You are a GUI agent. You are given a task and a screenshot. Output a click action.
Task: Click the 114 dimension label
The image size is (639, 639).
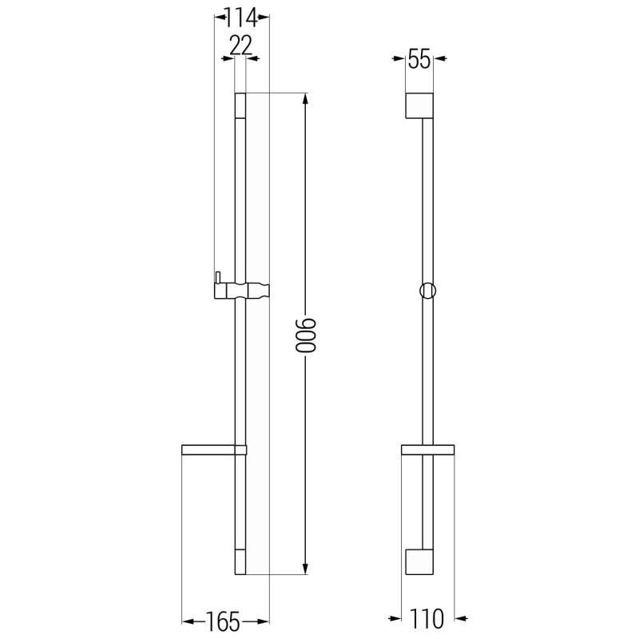(x=242, y=18)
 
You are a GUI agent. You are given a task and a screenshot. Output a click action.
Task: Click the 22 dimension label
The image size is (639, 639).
(x=241, y=46)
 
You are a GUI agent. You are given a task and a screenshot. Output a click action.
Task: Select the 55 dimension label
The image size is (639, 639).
(x=419, y=59)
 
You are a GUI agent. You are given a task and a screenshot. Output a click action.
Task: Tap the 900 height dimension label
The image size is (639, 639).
(x=306, y=335)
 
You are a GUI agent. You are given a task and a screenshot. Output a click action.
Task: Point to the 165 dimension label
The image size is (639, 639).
(x=223, y=621)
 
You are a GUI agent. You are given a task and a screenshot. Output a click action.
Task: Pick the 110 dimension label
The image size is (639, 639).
(x=427, y=619)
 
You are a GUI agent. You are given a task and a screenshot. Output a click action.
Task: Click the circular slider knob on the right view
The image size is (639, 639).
(x=428, y=291)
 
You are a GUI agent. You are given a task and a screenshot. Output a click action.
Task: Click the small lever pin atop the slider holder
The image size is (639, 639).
(x=218, y=277)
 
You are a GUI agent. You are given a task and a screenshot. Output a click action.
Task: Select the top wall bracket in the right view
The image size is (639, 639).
(x=419, y=105)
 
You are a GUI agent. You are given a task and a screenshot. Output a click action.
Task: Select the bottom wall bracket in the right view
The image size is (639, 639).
(x=419, y=562)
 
